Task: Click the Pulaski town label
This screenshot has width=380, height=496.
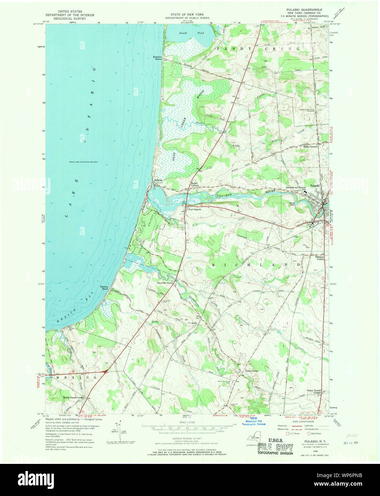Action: (315, 186)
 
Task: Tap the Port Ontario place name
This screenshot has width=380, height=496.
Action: (195, 209)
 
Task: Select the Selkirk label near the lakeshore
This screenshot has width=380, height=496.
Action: (158, 180)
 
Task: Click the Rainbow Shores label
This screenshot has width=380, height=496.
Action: (157, 58)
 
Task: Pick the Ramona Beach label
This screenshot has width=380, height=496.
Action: (104, 288)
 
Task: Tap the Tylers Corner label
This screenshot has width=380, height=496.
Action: (251, 371)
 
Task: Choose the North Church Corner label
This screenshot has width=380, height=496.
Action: (74, 398)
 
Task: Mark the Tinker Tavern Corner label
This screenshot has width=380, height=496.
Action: (314, 391)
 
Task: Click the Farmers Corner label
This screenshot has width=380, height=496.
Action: (319, 258)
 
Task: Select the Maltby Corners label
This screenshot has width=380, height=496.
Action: (310, 147)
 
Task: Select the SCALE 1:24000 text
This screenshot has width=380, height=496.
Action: (187, 423)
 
